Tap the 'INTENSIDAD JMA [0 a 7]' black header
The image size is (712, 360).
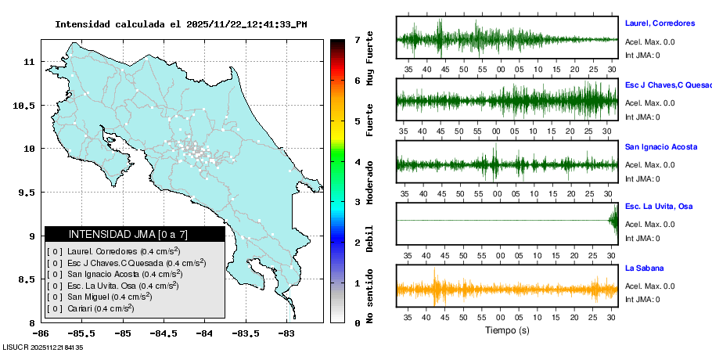pos(135,234)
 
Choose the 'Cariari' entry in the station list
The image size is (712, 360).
pos(90,308)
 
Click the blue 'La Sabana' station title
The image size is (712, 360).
pos(644,268)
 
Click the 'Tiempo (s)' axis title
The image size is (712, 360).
pos(507,330)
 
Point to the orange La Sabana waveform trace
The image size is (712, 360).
pos(507,289)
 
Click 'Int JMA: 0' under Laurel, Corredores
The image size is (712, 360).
pos(642,55)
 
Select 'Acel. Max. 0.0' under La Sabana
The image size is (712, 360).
pos(649,286)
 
